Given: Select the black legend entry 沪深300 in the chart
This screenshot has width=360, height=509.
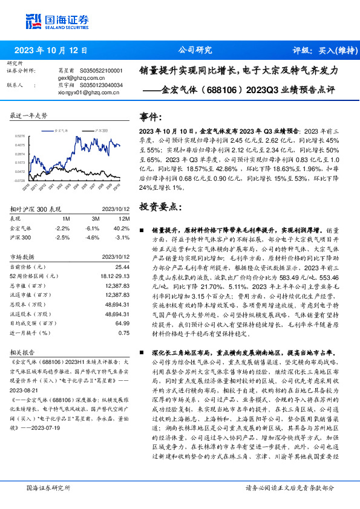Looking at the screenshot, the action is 100,130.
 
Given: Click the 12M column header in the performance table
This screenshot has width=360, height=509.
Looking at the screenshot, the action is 124,218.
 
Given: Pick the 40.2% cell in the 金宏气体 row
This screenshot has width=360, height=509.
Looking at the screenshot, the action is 122,228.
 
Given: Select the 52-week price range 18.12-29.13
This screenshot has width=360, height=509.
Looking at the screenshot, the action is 116,276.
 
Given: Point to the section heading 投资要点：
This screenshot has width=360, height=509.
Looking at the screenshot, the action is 160,206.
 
